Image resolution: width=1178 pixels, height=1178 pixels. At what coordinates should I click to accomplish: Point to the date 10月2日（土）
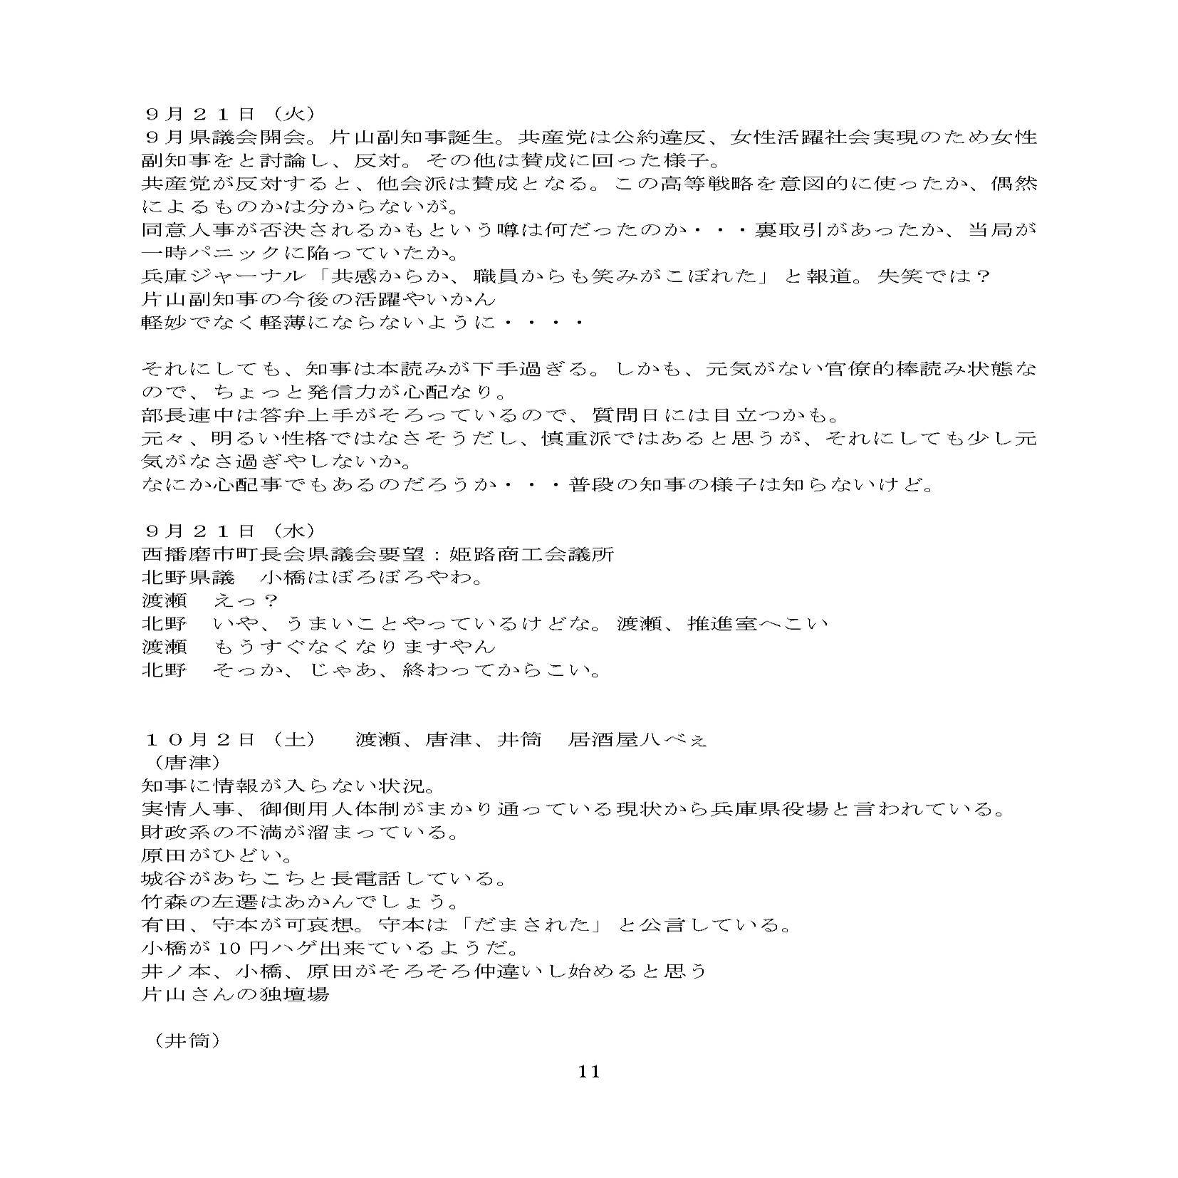coord(229,739)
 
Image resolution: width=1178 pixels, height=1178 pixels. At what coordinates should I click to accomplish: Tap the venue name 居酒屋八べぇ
coord(637,739)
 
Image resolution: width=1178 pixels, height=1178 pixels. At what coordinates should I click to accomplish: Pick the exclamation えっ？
coord(245,600)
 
